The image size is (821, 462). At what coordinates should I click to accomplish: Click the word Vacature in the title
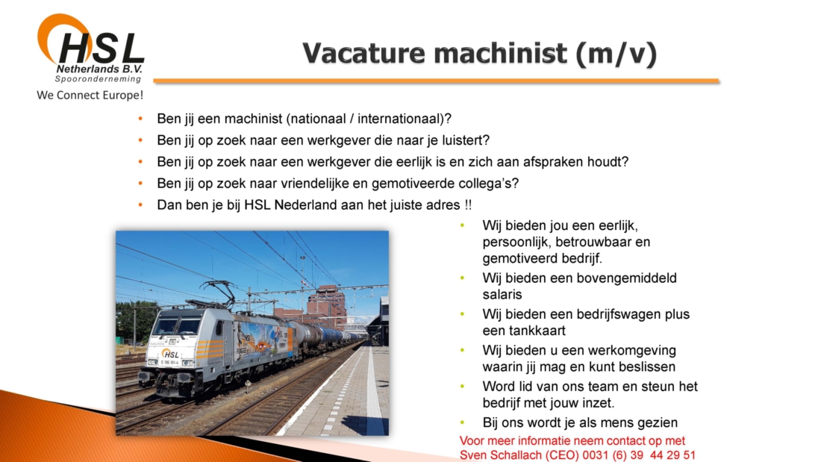point(364,54)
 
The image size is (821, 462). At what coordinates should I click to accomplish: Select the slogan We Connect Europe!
point(90,96)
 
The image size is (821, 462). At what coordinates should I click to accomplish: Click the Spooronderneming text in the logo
point(98,79)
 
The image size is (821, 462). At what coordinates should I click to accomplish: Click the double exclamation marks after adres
point(468,205)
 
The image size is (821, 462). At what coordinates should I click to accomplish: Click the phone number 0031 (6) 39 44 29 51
point(640,455)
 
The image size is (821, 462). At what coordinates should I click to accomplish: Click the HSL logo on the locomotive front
point(170,354)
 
